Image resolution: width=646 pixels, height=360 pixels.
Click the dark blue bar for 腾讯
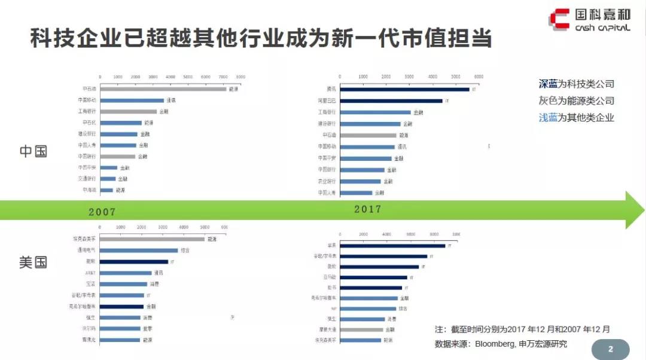click(x=404, y=90)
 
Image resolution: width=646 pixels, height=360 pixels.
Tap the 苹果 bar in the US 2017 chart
click(x=392, y=245)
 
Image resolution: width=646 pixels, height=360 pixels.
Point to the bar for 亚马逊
click(x=373, y=277)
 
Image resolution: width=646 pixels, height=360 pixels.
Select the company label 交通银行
click(x=87, y=178)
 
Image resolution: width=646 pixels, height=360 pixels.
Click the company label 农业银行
click(x=327, y=181)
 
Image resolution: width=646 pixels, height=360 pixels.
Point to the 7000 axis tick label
click(x=223, y=77)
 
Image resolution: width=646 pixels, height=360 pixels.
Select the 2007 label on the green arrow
click(x=102, y=212)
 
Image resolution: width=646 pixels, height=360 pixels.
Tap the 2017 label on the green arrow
click(x=367, y=209)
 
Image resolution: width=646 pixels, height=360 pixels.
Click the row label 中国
click(x=33, y=151)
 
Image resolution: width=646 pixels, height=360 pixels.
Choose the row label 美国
click(x=33, y=263)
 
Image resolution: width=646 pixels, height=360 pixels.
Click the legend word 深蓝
click(x=548, y=84)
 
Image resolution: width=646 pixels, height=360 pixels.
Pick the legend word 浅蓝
click(x=548, y=117)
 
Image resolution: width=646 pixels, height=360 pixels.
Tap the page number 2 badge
click(x=611, y=349)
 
